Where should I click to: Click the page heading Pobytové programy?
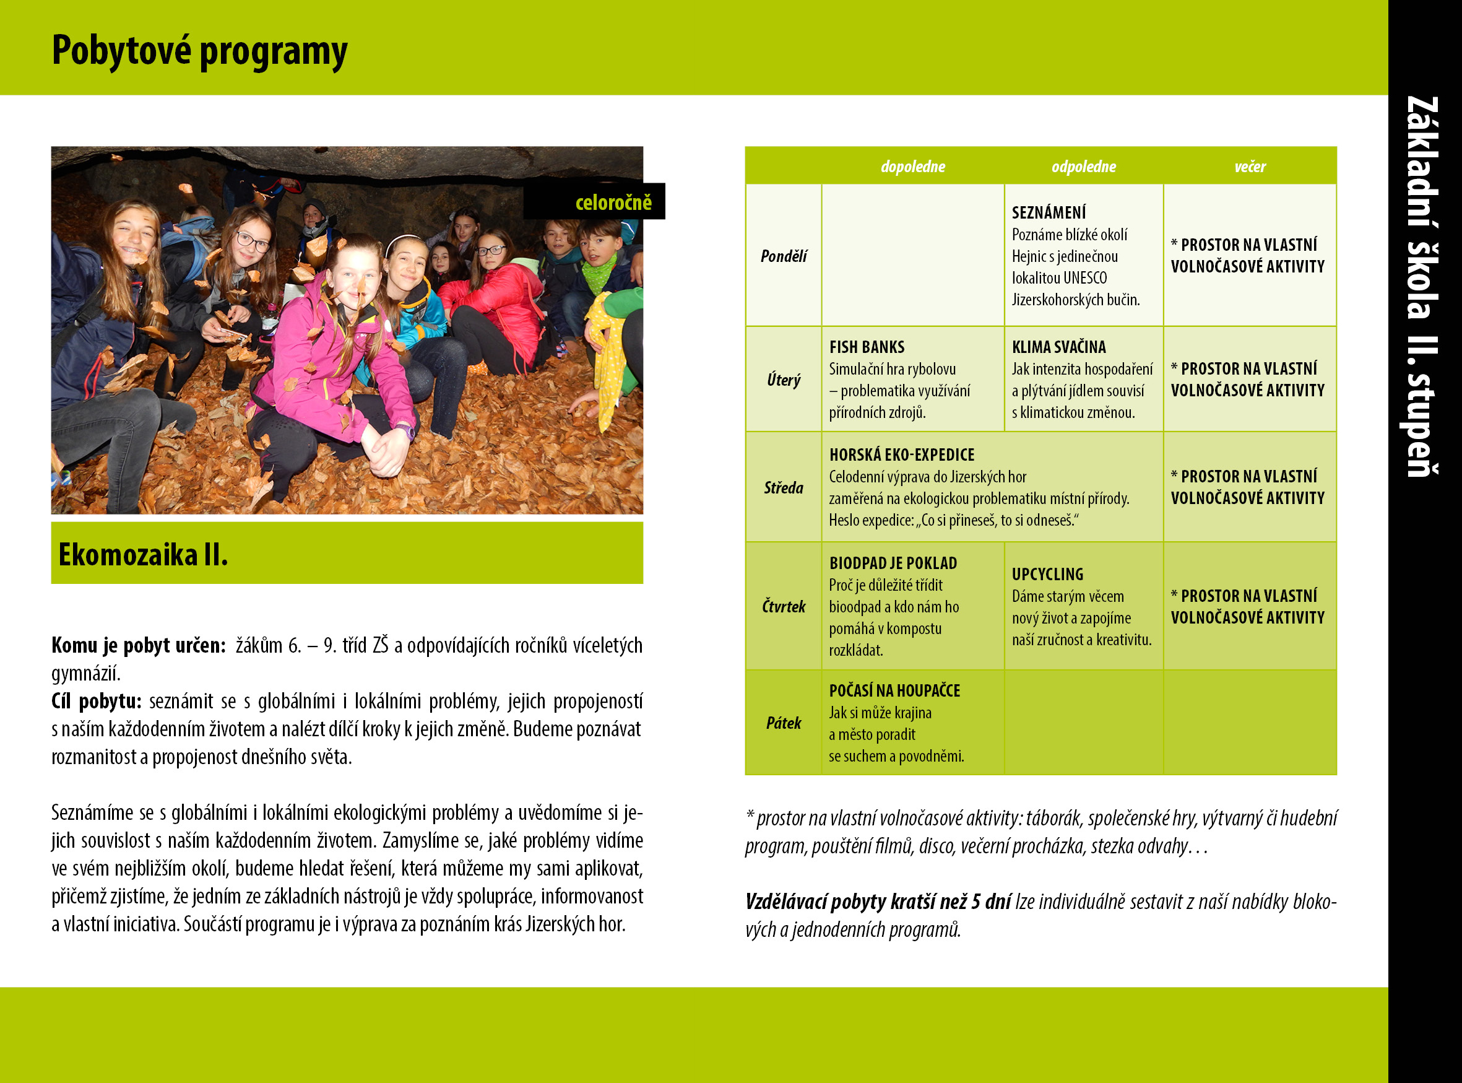click(x=199, y=51)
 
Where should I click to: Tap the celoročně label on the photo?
click(x=613, y=202)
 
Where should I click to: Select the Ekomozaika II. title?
click(x=143, y=555)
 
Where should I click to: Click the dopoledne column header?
click(x=912, y=167)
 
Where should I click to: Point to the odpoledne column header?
click(x=1083, y=167)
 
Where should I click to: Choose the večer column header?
click(x=1250, y=167)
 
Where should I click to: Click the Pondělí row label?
click(x=783, y=256)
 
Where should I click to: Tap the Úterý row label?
click(x=783, y=380)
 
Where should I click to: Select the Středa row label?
click(x=783, y=488)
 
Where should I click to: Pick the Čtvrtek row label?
click(x=783, y=606)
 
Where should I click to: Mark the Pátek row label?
click(x=783, y=723)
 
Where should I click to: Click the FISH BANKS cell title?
click(x=867, y=347)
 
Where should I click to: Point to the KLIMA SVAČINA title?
click(x=1058, y=347)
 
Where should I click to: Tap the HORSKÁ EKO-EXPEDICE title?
click(x=902, y=455)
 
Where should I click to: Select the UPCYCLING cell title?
click(x=1047, y=574)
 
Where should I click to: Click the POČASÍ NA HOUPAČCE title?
click(x=894, y=690)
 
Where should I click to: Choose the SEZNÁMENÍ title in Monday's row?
click(x=1049, y=212)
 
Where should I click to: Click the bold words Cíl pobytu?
click(x=97, y=702)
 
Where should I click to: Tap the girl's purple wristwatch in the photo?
click(x=405, y=432)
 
